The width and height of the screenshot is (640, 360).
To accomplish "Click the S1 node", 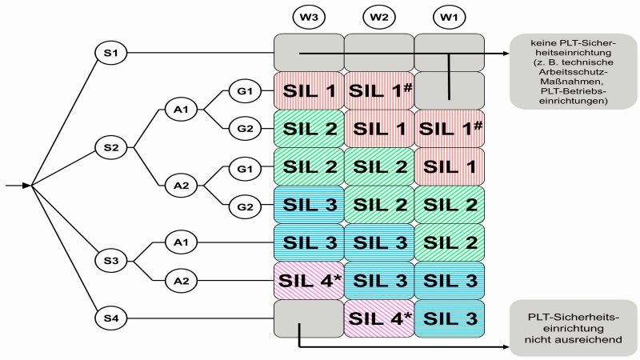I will pyautogui.click(x=110, y=53).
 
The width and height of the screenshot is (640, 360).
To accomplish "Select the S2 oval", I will pyautogui.click(x=110, y=146).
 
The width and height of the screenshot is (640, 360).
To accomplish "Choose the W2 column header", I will pyautogui.click(x=378, y=15).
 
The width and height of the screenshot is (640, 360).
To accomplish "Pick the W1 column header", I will pyautogui.click(x=448, y=15).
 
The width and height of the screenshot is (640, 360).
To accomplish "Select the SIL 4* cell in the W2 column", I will pyautogui.click(x=378, y=318).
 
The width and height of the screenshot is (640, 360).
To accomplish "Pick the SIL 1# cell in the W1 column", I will pyautogui.click(x=448, y=128).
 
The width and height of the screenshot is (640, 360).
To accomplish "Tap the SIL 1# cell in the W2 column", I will pyautogui.click(x=378, y=90).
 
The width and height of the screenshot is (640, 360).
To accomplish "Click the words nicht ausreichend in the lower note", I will pyautogui.click(x=571, y=340).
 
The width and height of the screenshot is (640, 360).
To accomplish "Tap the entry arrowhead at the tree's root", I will pyautogui.click(x=26, y=186).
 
